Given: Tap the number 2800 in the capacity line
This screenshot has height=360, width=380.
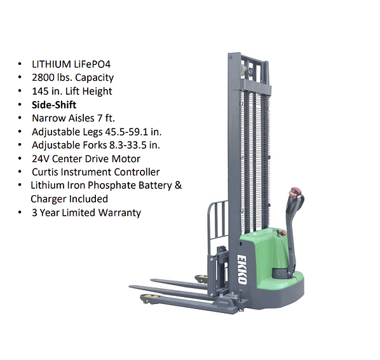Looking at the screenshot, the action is tap(40, 78).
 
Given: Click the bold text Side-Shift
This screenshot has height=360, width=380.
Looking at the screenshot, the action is tap(54, 105).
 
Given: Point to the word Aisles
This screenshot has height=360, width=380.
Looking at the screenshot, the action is tap(81, 118).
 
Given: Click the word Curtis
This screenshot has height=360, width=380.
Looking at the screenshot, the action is tap(45, 172).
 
